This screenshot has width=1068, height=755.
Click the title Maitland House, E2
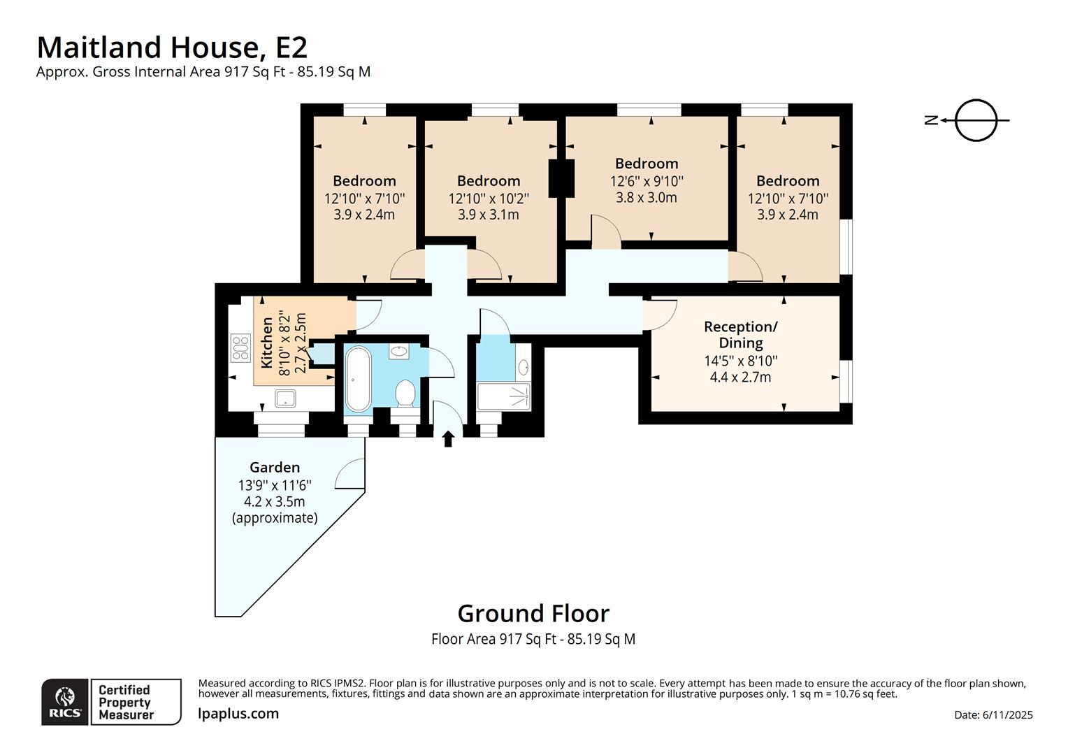click(x=171, y=48)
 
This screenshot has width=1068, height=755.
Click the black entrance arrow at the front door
click(x=448, y=438)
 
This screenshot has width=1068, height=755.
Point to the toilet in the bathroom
click(x=405, y=394)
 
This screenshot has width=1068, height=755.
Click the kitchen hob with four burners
click(x=240, y=349)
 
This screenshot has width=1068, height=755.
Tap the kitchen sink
click(x=285, y=399)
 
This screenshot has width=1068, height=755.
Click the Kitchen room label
click(x=267, y=343)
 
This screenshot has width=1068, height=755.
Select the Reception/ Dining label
click(x=740, y=335)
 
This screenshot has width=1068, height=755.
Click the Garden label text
click(x=275, y=467)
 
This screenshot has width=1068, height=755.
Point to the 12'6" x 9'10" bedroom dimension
click(x=647, y=180)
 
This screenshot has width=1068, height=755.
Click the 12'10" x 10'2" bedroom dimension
click(x=489, y=199)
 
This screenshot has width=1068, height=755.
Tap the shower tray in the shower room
click(x=503, y=396)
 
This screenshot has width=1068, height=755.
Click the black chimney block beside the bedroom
click(x=561, y=178)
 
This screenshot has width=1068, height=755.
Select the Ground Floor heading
click(x=533, y=613)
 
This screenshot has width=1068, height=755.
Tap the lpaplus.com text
click(x=238, y=714)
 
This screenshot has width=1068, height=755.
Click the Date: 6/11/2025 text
click(x=993, y=714)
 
